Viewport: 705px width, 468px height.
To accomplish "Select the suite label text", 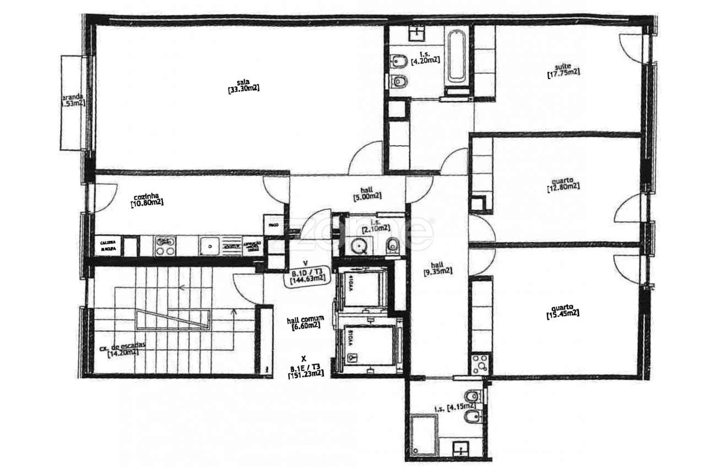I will click(x=563, y=66).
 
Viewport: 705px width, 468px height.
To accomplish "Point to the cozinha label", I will click(x=147, y=195).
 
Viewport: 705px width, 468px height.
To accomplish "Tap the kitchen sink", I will click(x=209, y=245).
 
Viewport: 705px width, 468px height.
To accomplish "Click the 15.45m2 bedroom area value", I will click(x=562, y=314).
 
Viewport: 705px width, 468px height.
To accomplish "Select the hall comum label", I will click(x=306, y=319).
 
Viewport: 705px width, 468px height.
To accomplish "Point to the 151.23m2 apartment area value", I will click(x=306, y=374).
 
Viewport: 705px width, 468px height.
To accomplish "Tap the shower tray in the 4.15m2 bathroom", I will click(x=424, y=431).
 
